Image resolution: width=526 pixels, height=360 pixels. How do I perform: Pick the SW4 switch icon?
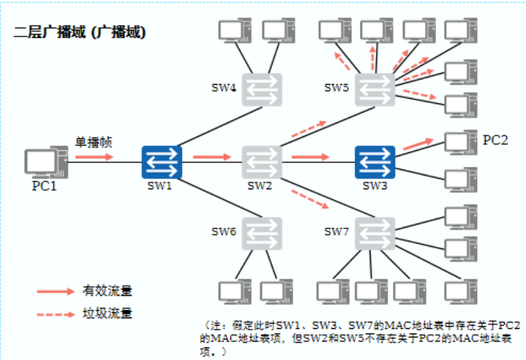coord(262,89)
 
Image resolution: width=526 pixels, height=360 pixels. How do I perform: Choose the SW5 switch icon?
coord(374,89)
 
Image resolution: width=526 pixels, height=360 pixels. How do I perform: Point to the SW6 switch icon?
coord(262,232)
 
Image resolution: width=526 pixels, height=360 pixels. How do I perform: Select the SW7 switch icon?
coord(374,232)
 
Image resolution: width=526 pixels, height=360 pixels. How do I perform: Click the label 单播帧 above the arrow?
coord(93,142)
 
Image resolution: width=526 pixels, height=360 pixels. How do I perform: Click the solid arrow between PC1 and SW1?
coord(93,157)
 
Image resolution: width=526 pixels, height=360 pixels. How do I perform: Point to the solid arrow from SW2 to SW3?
coord(310,157)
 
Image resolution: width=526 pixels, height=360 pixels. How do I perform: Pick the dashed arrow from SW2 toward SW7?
coord(310,199)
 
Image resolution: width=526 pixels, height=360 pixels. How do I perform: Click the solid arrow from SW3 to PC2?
coord(418,142)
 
